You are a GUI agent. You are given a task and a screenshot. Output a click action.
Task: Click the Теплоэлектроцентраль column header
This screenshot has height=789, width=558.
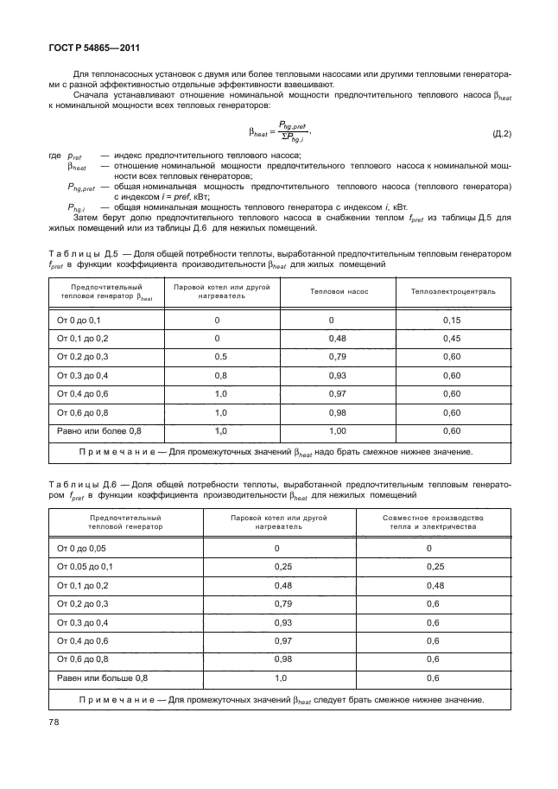(x=453, y=291)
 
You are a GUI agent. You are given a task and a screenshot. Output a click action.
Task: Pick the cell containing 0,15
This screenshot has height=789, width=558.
(x=452, y=320)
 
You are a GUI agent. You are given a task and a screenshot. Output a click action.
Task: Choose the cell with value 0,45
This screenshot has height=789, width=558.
(x=452, y=338)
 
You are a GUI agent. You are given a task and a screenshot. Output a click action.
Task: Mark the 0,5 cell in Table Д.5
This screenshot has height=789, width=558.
(x=221, y=356)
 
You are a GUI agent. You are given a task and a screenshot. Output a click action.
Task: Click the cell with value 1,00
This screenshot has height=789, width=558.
(x=332, y=429)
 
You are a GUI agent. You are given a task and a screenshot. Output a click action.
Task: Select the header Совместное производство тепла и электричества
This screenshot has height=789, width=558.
(x=428, y=521)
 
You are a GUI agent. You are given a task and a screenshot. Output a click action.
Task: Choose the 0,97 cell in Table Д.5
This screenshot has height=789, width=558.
(x=332, y=393)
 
